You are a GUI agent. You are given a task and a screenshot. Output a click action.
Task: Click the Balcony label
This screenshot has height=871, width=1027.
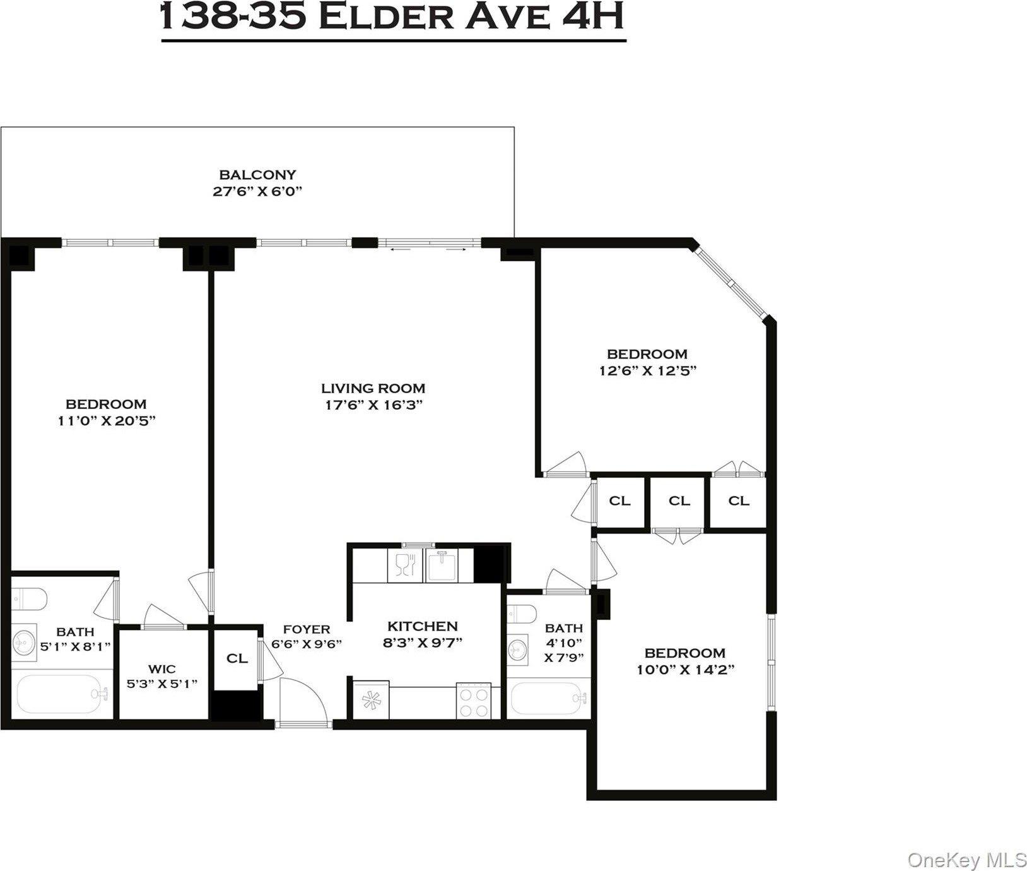click(257, 174)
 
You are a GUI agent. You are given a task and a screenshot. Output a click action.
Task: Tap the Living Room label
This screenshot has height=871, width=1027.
click(373, 388)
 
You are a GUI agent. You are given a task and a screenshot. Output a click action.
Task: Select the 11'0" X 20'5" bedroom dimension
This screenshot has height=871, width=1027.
click(106, 420)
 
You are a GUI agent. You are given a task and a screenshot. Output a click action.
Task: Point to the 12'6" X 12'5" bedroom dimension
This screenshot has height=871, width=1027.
click(647, 370)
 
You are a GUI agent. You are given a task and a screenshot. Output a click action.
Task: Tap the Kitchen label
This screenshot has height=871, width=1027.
click(423, 626)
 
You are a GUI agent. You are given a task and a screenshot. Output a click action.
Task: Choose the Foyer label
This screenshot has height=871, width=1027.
click(307, 629)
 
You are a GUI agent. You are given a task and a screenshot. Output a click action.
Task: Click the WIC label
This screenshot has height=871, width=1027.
click(162, 668)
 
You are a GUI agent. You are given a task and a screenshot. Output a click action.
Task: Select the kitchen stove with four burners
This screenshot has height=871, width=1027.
click(474, 701)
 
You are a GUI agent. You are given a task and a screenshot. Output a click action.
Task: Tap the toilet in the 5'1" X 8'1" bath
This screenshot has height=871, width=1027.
click(29, 599)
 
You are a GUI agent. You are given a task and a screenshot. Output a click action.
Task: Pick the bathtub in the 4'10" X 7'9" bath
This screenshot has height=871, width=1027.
click(549, 699)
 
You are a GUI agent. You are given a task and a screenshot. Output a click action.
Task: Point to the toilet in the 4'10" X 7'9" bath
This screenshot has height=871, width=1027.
click(522, 612)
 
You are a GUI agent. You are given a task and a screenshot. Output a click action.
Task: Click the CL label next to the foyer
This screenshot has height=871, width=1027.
click(237, 658)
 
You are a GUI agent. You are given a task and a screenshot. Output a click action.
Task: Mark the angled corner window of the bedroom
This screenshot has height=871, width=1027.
click(731, 282)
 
